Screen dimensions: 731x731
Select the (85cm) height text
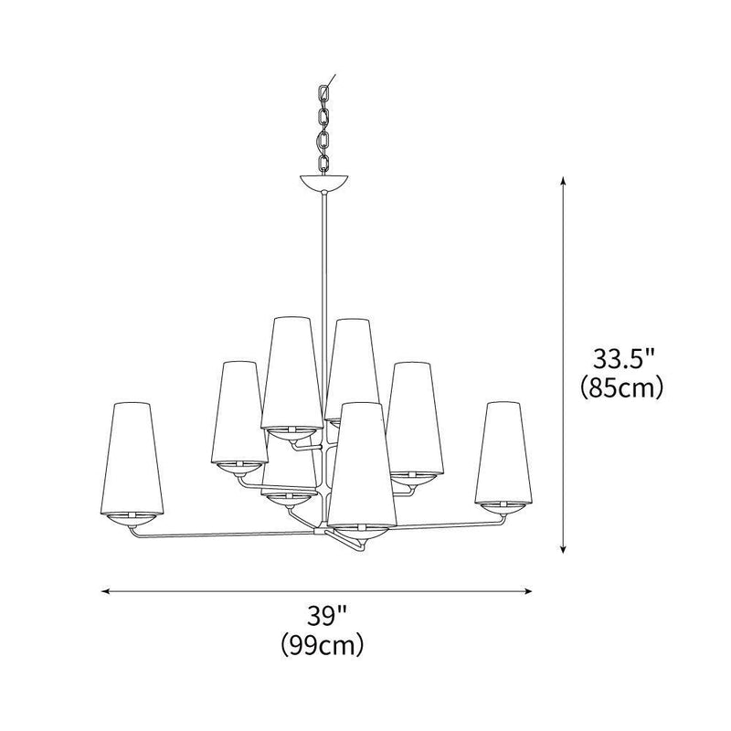tap(621, 387)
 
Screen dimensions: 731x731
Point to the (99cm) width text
tap(323, 644)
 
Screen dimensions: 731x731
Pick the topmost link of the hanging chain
tap(324, 93)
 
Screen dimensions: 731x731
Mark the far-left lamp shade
tap(132, 459)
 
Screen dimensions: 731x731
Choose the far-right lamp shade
tap(503, 453)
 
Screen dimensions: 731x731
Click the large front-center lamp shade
tap(362, 465)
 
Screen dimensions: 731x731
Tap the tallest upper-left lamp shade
tap(291, 373)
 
